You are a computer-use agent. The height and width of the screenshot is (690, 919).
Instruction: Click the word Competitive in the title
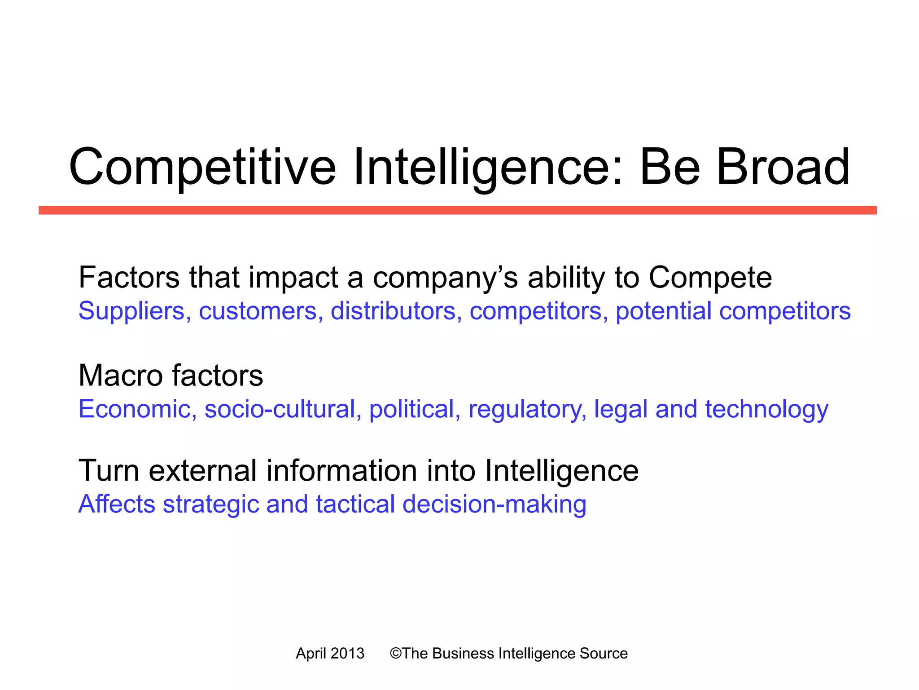(x=202, y=167)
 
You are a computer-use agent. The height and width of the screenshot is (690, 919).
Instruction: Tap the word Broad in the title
(x=783, y=167)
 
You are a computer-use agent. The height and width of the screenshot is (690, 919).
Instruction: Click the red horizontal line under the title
(x=458, y=210)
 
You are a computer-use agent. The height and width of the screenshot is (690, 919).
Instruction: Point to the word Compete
(x=710, y=278)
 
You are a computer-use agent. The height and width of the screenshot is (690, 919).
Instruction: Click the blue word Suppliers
(x=131, y=311)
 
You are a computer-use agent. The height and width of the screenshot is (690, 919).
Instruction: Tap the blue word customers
(x=258, y=311)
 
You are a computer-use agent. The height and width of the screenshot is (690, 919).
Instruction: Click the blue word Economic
(x=135, y=409)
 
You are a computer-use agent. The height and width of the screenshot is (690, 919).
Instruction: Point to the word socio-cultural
(x=280, y=409)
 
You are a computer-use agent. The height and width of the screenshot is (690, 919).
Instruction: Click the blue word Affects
(x=117, y=504)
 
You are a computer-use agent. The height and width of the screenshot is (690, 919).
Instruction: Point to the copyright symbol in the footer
(x=395, y=653)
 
